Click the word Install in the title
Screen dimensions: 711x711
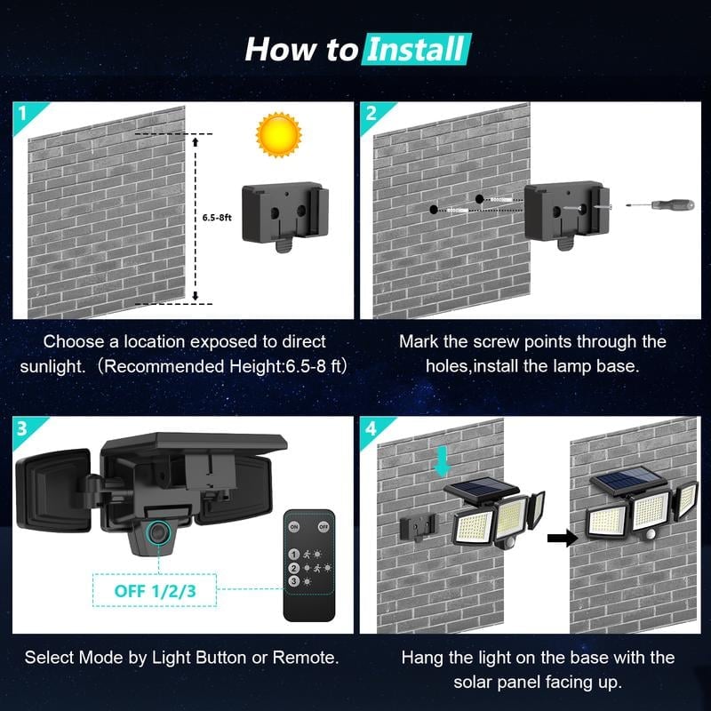[415, 49]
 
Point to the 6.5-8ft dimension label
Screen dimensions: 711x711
[217, 216]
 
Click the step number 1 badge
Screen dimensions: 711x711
[22, 112]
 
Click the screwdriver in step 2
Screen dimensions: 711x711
[662, 204]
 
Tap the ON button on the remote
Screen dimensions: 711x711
[294, 526]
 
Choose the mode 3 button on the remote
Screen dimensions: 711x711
[294, 580]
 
